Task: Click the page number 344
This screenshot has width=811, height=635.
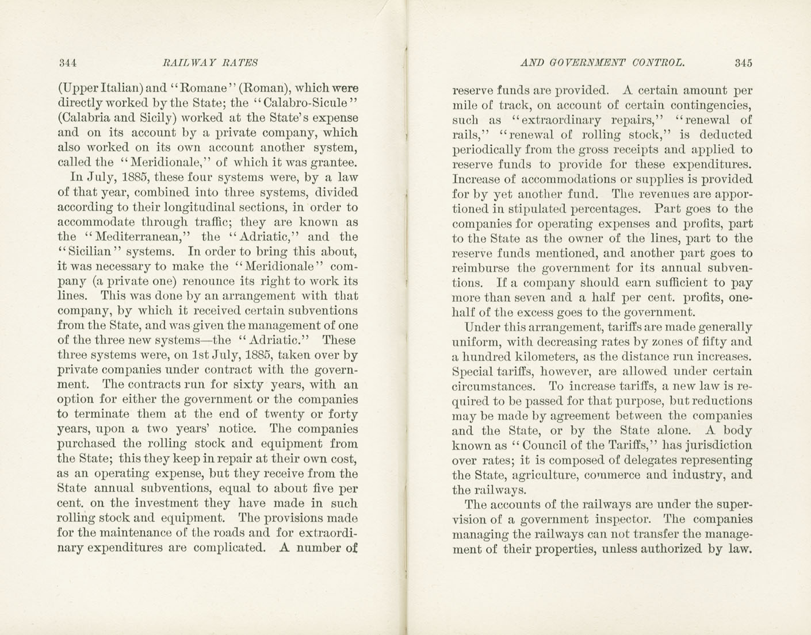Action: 67,63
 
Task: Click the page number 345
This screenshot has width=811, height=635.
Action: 743,63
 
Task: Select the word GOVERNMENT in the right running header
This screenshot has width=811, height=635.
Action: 578,63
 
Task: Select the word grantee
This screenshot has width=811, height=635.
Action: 335,163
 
